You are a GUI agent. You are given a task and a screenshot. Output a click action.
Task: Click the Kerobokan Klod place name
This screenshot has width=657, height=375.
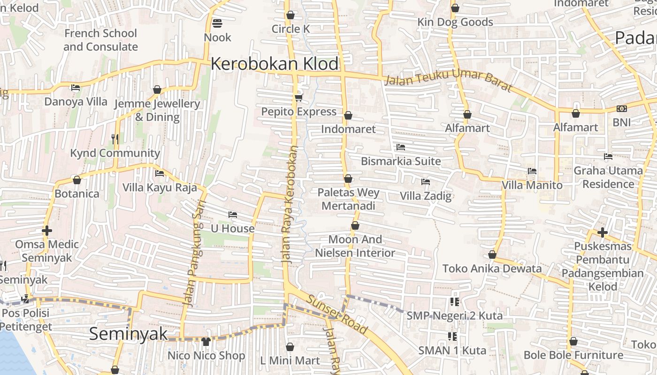click(275, 64)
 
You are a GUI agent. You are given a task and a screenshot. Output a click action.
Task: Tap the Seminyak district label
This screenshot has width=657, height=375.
click(128, 334)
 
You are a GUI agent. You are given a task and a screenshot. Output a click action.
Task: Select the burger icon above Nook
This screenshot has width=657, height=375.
click(217, 23)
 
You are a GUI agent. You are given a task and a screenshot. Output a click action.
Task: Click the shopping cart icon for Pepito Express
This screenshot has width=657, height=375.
click(298, 97)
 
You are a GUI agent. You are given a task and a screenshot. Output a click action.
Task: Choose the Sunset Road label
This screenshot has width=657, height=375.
click(336, 314)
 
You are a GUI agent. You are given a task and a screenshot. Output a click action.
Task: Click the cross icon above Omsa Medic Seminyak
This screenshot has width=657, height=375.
click(46, 231)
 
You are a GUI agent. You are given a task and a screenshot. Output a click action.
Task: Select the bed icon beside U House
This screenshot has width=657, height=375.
click(232, 215)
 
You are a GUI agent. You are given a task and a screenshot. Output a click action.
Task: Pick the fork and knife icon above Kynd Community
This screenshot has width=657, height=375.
click(115, 139)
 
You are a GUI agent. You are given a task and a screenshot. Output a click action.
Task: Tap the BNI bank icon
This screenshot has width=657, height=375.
click(622, 109)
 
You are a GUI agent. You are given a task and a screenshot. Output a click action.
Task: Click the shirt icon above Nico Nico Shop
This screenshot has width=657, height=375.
click(206, 342)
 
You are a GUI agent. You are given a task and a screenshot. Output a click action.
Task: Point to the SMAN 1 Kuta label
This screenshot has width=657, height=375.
click(452, 350)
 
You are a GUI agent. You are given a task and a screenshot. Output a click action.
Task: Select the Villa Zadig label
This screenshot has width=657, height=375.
click(426, 196)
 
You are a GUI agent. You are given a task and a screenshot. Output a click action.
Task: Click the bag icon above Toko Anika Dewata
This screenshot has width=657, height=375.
click(492, 255)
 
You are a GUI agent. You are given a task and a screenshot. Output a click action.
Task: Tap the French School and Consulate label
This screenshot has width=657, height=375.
click(100, 40)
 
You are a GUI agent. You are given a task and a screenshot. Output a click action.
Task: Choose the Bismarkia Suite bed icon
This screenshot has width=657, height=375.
click(400, 147)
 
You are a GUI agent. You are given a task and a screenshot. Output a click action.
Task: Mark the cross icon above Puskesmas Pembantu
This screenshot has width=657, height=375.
click(603, 232)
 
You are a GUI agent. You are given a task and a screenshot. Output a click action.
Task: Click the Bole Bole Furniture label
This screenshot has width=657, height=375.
click(573, 355)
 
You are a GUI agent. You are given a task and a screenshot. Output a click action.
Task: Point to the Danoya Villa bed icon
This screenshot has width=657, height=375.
click(76, 88)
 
